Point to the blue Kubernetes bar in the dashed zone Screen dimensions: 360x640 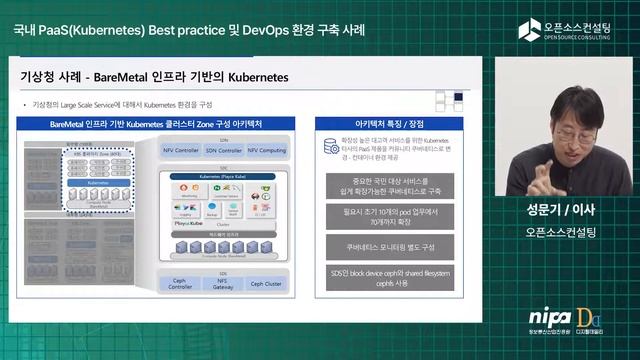click(x=98, y=184)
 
